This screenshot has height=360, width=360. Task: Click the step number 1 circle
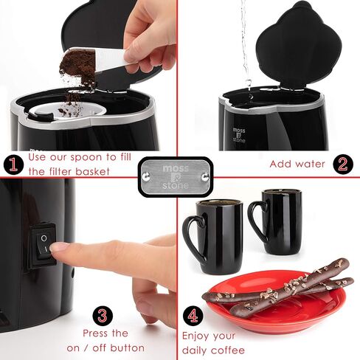(13, 165)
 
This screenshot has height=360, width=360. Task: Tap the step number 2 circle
(343, 165)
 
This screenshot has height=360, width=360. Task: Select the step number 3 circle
(103, 316)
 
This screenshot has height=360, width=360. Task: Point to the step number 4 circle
(193, 316)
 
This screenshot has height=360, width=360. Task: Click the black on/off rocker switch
(43, 245)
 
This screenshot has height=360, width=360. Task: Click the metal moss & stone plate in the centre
(176, 177)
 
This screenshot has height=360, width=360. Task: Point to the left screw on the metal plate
(145, 176)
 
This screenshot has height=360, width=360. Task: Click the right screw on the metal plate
(205, 176)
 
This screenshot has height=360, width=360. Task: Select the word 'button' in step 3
(128, 347)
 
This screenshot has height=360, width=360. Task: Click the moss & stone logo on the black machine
(239, 135)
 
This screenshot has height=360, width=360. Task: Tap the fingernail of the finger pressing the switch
(58, 246)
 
